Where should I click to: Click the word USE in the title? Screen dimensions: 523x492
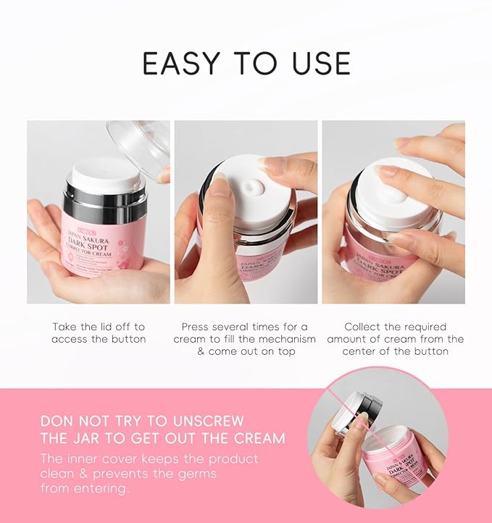(x=317, y=64)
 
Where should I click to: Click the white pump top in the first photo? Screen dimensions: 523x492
(x=107, y=175)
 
